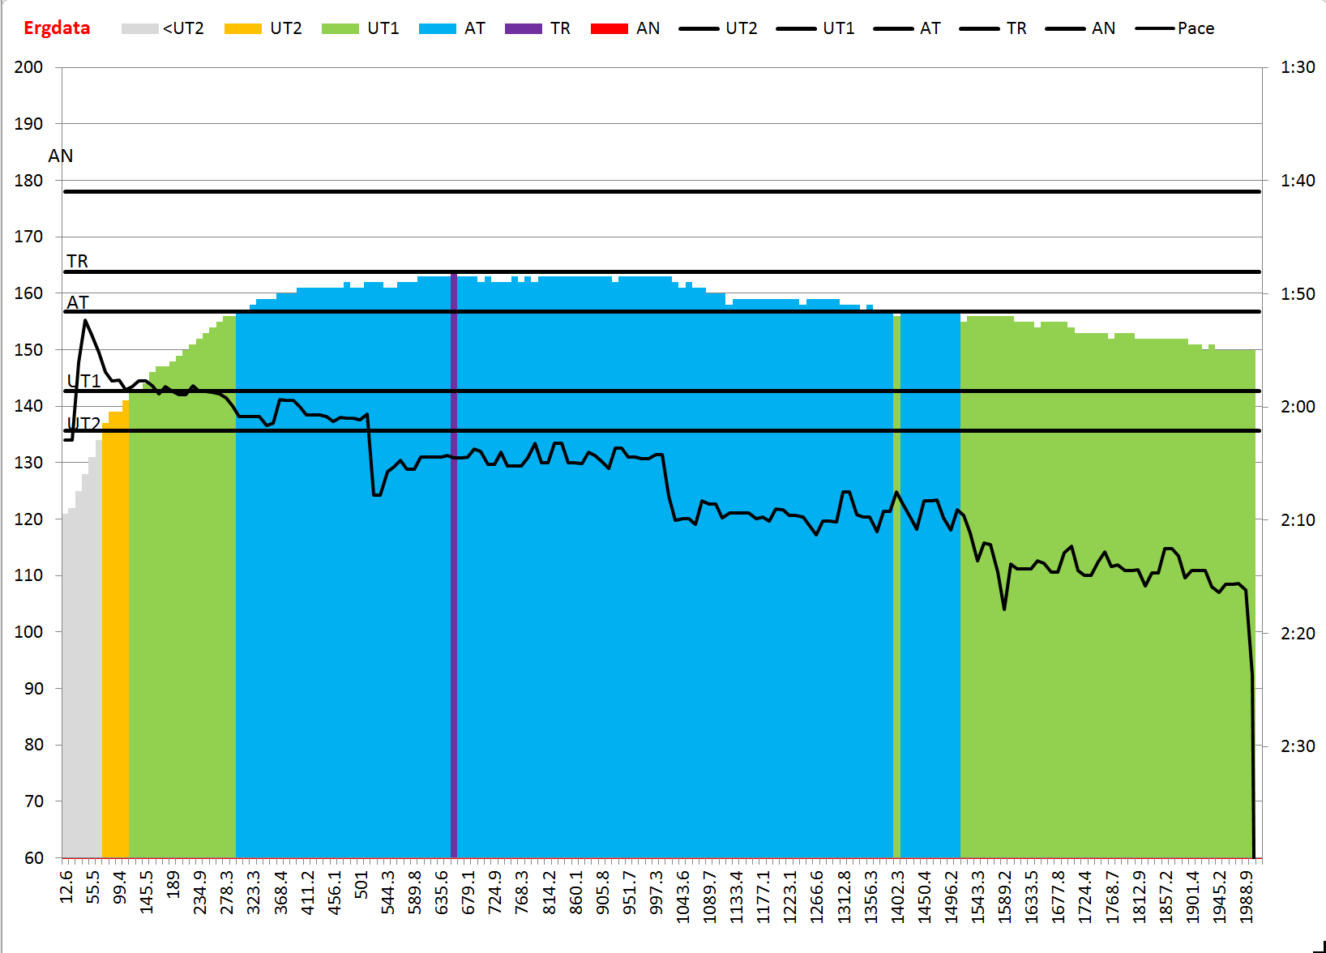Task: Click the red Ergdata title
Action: (57, 28)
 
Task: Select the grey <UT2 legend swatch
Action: (139, 29)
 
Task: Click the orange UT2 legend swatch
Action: (242, 29)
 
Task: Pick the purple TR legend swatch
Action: (523, 29)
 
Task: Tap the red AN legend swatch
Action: (609, 29)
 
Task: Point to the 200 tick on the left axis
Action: (28, 67)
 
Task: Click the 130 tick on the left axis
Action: (28, 463)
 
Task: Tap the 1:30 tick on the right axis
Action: (1298, 67)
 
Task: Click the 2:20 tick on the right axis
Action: (1298, 633)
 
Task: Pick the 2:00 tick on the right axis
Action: (1298, 407)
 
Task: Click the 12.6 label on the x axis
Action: (66, 887)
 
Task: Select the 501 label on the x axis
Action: (361, 885)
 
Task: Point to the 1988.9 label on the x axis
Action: (1247, 896)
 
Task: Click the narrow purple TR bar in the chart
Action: (454, 567)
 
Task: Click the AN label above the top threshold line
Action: (61, 156)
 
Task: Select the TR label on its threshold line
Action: (78, 261)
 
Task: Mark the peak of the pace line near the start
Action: (85, 321)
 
